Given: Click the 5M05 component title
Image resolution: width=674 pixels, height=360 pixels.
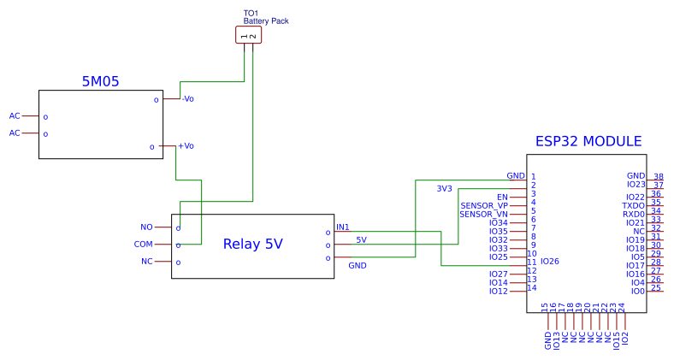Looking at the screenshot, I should [x=100, y=82].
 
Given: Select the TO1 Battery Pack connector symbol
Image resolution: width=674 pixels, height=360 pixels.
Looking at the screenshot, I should [x=248, y=35].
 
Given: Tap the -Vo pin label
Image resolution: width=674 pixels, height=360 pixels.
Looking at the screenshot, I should [x=187, y=99].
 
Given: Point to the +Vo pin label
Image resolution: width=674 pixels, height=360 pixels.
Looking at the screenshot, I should [x=186, y=146].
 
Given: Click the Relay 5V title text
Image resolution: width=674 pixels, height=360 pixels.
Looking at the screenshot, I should [x=252, y=244].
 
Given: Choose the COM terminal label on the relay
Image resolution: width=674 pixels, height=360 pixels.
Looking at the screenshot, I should [x=143, y=244].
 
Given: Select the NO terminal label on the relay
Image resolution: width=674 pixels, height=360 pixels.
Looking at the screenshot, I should [x=146, y=227].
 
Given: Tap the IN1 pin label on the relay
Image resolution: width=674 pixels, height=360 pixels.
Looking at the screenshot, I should [x=343, y=227].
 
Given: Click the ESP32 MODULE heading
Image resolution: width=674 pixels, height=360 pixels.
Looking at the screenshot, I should [x=588, y=142].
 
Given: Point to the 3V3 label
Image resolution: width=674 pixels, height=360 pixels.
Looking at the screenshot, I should [x=444, y=188].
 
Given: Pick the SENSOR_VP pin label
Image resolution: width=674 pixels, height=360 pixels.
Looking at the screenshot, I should [x=484, y=206].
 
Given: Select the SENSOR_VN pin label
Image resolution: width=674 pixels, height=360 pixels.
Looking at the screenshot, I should [x=483, y=215].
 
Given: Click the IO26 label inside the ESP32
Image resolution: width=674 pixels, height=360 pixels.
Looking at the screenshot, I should [x=549, y=262].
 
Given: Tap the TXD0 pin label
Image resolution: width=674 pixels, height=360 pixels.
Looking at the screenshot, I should [x=633, y=206].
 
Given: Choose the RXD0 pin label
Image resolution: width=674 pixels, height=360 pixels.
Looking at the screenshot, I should [x=633, y=215].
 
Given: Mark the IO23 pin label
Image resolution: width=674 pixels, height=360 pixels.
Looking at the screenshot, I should [x=636, y=185].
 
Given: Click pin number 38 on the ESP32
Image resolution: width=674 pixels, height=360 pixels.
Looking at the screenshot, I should [x=658, y=177].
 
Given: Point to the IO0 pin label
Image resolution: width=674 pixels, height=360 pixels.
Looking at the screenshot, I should [x=637, y=292].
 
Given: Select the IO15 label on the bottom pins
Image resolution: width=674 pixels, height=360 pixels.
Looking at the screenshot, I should [x=617, y=339].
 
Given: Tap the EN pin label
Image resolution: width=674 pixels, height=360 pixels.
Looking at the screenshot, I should [x=502, y=198].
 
